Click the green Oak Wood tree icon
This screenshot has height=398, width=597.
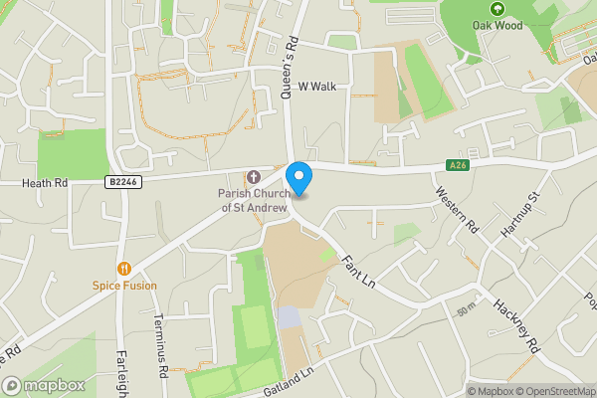(491, 8)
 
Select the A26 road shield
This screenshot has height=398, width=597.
(457, 165)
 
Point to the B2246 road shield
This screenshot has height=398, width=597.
(122, 182)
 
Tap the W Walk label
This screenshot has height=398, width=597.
(316, 87)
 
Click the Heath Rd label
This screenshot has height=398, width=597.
(46, 183)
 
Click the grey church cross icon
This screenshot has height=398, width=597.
(253, 176)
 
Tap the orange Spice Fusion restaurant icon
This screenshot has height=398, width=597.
(124, 268)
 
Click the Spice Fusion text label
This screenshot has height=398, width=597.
(124, 286)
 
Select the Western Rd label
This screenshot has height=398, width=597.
(457, 211)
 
